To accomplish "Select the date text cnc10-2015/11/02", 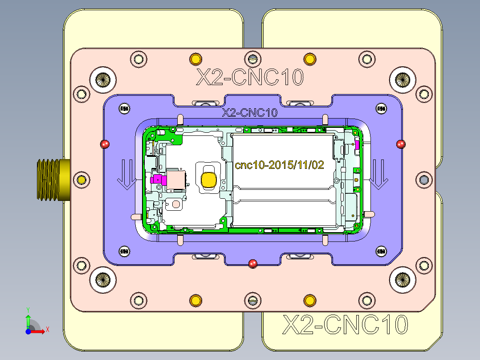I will click(279, 165).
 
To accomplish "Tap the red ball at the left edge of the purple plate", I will click(105, 144).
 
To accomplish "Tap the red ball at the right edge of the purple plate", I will click(401, 143).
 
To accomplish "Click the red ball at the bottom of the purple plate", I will click(253, 263).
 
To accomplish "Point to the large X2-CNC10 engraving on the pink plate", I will click(250, 77).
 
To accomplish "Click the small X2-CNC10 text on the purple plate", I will click(250, 113).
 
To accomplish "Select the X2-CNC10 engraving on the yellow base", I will click(345, 325).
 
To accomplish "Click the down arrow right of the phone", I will click(379, 174).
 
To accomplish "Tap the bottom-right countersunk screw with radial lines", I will click(403, 280).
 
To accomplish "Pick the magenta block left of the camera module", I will click(157, 180).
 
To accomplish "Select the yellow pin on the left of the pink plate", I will click(81, 180).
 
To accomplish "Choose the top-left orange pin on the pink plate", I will click(195, 58).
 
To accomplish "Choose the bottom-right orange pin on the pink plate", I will click(309, 300).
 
